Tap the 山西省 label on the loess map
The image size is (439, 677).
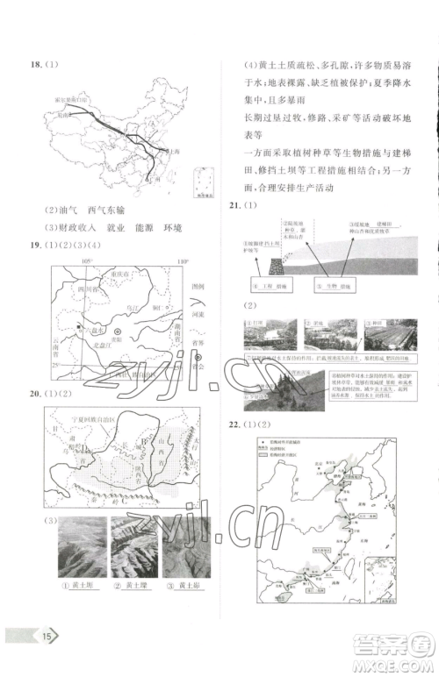tap(165, 463)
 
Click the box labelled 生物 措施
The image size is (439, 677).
tap(332, 287)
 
